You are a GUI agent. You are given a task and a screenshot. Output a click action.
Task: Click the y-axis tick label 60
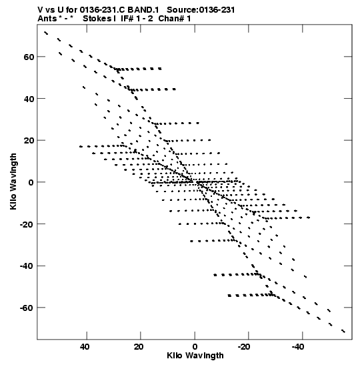point(29,57)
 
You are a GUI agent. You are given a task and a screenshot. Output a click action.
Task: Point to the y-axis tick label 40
point(29,99)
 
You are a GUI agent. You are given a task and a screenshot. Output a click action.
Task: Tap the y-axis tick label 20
point(29,141)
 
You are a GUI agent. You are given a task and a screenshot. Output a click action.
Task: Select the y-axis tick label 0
point(31,183)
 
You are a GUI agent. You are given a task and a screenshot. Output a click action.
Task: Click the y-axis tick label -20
point(27,224)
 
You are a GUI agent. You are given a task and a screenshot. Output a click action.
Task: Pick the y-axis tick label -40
point(27,266)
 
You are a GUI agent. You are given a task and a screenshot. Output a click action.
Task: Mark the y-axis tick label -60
point(27,308)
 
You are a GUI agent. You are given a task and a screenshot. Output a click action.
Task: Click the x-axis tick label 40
point(85,347)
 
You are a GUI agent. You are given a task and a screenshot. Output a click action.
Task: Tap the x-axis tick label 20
point(139,347)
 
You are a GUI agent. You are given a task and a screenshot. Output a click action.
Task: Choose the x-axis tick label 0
point(195,347)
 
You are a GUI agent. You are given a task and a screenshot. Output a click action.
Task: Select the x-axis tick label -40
point(298,347)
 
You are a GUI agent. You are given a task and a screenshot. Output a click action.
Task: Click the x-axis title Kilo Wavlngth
point(195,356)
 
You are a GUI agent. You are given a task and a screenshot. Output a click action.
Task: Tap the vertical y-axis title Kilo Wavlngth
point(13,181)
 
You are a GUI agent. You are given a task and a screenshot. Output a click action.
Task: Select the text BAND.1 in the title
point(143,10)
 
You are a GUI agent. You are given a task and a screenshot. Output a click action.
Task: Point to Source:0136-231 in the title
point(201,10)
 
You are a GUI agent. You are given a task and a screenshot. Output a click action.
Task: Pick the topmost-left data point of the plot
point(46,33)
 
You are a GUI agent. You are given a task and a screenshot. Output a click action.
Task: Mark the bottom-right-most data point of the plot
point(343,331)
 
